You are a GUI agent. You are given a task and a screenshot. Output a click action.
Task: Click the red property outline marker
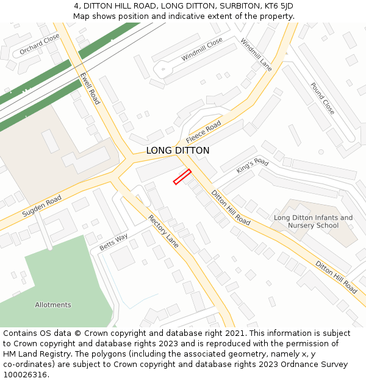(182, 177)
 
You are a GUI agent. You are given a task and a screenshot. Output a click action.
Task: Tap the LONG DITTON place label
(178, 151)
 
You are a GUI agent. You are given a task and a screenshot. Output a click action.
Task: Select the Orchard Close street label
(40, 44)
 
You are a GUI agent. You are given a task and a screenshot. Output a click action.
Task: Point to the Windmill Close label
(202, 49)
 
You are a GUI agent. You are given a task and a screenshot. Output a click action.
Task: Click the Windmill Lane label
(256, 55)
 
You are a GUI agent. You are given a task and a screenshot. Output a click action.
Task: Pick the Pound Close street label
(322, 98)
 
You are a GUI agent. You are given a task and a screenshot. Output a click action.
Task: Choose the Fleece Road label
(204, 132)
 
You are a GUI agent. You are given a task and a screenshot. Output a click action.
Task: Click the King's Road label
(253, 166)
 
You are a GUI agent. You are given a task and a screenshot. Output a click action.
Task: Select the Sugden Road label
(41, 207)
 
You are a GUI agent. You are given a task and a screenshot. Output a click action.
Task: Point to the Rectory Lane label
(163, 231)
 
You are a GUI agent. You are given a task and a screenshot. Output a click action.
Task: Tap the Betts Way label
(113, 241)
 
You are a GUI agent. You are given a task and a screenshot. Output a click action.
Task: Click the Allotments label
(53, 305)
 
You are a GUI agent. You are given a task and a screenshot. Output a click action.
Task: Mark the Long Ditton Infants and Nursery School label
(313, 221)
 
